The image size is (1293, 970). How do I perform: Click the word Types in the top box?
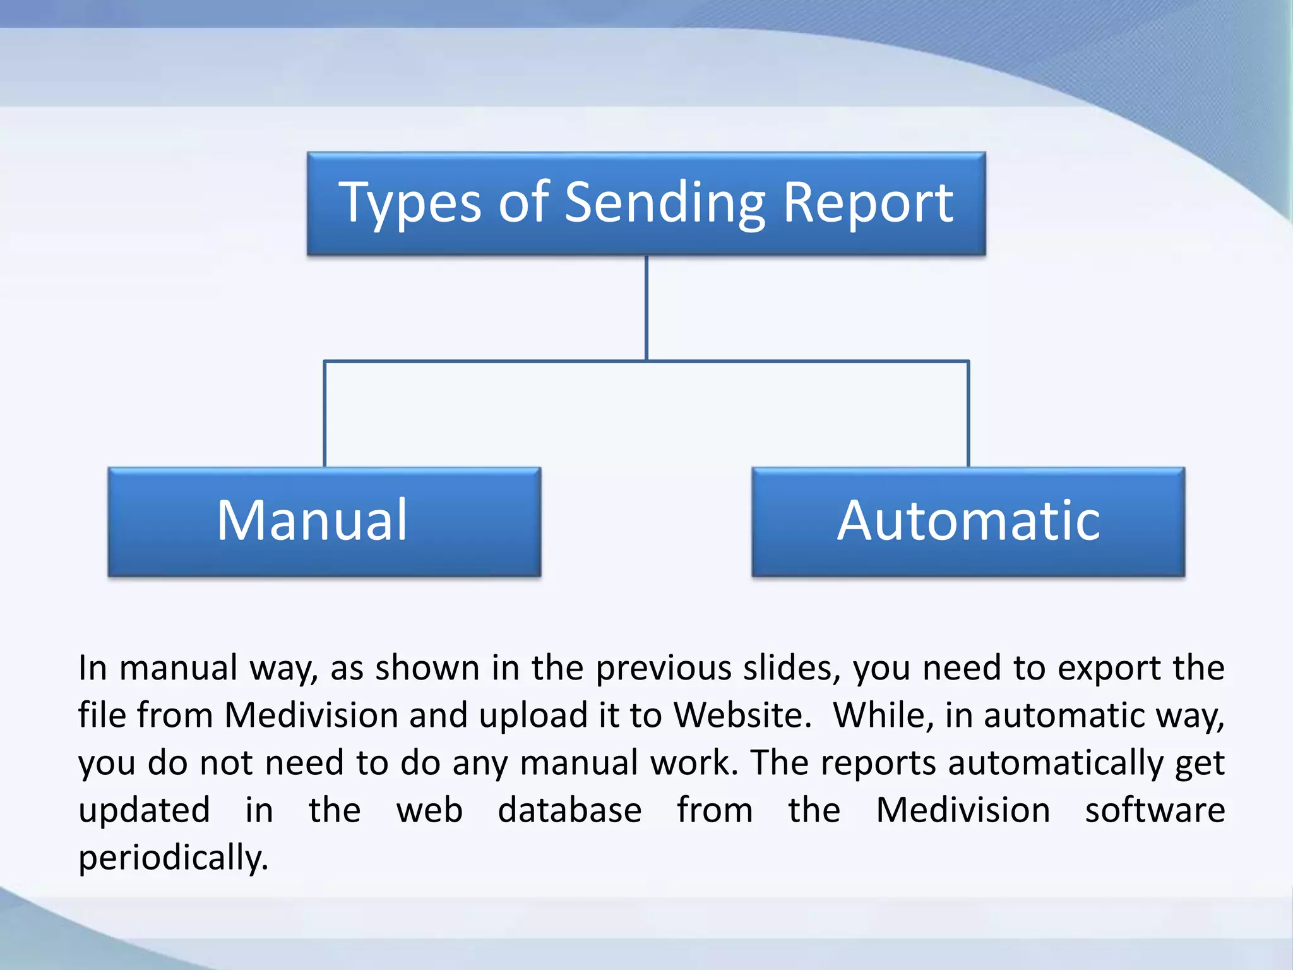point(410,203)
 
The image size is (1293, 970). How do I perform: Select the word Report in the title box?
point(868,203)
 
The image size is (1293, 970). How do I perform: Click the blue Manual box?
point(325,522)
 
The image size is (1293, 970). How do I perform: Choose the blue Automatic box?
point(968,522)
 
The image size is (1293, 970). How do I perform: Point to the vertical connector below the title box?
point(646,308)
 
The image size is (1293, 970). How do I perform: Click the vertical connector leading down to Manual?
point(325,414)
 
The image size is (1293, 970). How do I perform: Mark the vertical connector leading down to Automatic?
point(968,414)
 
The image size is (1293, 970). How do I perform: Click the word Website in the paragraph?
point(742,716)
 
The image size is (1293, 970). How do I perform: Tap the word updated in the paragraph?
point(144,811)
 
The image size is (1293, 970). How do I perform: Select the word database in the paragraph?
point(569,810)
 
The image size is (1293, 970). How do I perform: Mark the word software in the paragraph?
point(1155,810)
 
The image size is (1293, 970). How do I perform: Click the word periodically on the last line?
point(173,858)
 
